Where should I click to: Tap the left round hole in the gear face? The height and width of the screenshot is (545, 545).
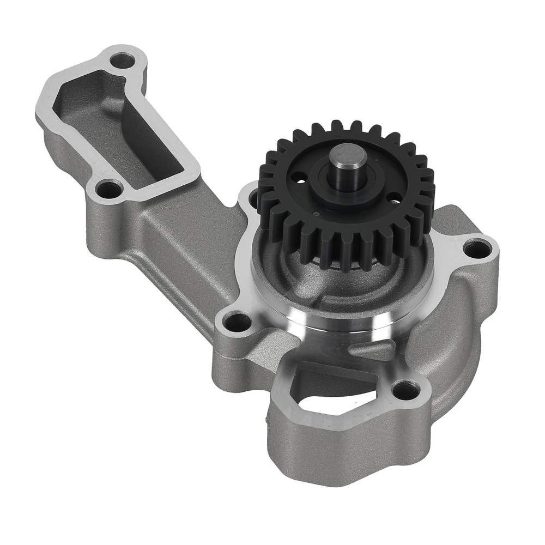pos(299,177)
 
